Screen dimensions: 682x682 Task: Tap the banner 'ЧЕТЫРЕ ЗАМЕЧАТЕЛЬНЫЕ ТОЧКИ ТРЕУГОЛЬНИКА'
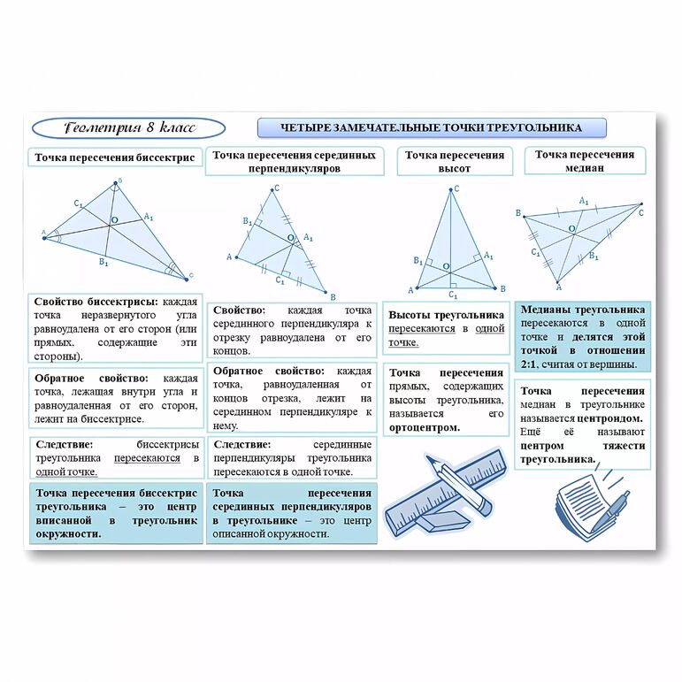[x=431, y=128]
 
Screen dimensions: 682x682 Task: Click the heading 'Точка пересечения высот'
[x=455, y=161]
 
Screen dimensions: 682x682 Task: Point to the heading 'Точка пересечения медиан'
[x=584, y=160]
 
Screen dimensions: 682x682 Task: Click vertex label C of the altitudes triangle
[x=456, y=188]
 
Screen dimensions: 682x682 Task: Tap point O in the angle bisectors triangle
[x=113, y=220]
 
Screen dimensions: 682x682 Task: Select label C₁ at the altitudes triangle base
[x=453, y=295]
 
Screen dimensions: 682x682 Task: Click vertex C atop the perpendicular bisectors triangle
[x=276, y=188]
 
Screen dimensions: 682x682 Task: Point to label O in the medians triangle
[x=571, y=229]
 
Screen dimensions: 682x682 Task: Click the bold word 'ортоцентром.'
[x=425, y=427]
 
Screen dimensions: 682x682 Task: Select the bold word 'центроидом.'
[x=613, y=417]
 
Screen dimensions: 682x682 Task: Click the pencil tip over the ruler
[x=433, y=461]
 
